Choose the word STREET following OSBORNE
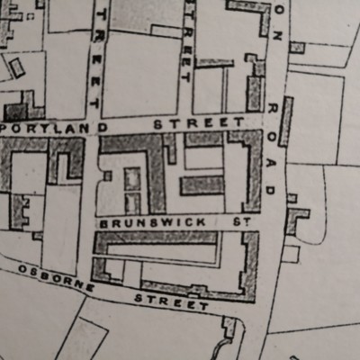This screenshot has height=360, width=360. (172, 301)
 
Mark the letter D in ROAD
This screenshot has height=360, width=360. (271, 191)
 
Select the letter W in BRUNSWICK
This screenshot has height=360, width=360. (160, 221)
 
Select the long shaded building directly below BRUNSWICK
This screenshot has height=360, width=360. (157, 238)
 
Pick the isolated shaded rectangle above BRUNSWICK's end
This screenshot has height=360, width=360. (202, 185)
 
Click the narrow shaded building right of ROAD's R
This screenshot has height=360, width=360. (286, 121)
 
